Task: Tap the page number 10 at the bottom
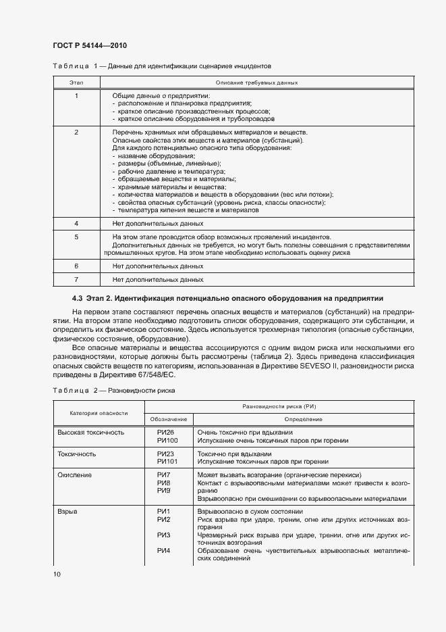57,573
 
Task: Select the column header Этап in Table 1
76,82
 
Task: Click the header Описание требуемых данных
256,82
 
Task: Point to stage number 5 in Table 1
76,237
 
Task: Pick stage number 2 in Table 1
76,132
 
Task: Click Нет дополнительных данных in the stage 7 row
158,278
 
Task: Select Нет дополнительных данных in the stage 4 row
158,223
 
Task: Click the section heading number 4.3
78,298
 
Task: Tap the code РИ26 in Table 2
165,432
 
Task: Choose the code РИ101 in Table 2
167,462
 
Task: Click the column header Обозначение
169,419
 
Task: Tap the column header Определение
303,419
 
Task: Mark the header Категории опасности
99,412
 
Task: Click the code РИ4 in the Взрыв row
163,550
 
